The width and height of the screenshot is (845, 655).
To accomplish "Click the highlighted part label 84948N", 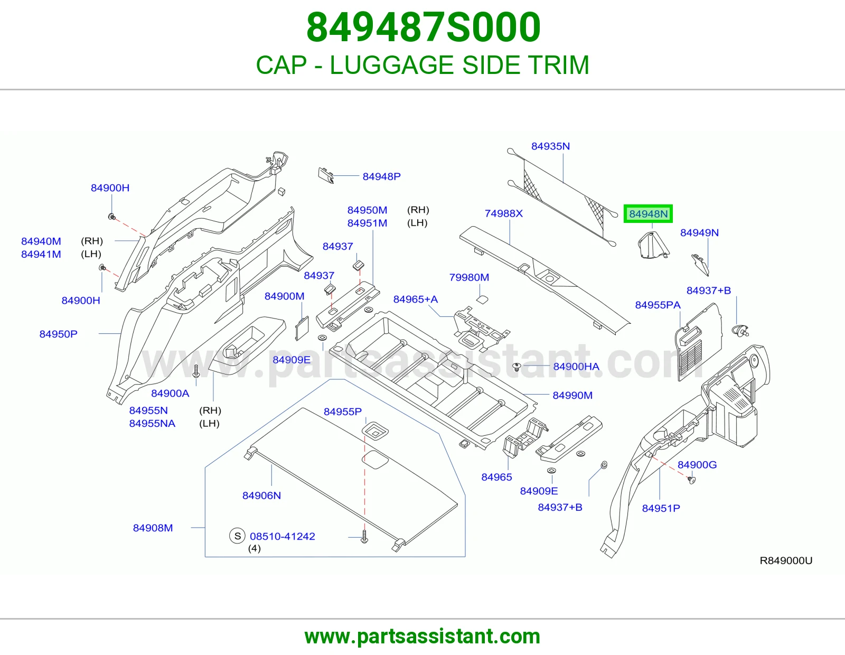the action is pyautogui.click(x=648, y=214).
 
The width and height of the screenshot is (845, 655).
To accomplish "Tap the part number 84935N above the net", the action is pyautogui.click(x=550, y=146).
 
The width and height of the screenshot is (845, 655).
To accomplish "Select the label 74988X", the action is pyautogui.click(x=504, y=213).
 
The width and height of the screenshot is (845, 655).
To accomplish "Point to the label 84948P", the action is pyautogui.click(x=381, y=176).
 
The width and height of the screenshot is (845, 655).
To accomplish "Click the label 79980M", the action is pyautogui.click(x=469, y=277).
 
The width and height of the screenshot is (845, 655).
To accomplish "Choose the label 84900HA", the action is pyautogui.click(x=576, y=367).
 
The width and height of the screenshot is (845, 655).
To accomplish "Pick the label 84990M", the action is pyautogui.click(x=572, y=395).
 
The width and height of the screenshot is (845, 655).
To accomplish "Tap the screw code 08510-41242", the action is pyautogui.click(x=283, y=536).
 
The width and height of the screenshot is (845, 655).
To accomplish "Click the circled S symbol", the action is pyautogui.click(x=237, y=536).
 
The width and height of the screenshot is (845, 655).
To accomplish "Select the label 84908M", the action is pyautogui.click(x=153, y=528).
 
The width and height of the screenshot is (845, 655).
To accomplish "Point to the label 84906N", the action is pyautogui.click(x=261, y=495).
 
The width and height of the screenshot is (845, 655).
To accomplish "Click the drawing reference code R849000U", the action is pyautogui.click(x=786, y=560).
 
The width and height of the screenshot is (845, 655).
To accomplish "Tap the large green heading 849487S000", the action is pyautogui.click(x=423, y=27).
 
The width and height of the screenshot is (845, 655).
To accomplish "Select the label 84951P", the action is pyautogui.click(x=661, y=508).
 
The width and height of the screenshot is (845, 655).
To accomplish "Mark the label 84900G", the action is pyautogui.click(x=697, y=465).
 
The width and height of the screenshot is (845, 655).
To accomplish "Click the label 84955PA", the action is pyautogui.click(x=658, y=305).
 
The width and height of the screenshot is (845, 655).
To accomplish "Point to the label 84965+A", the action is pyautogui.click(x=415, y=299).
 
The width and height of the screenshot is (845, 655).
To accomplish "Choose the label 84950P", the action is pyautogui.click(x=58, y=334).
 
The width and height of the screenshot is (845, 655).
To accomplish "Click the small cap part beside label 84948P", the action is pyautogui.click(x=326, y=175).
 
